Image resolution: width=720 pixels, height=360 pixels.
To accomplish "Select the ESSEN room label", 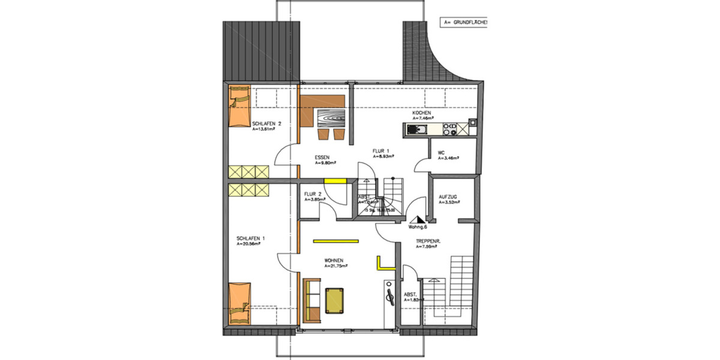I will click(323, 157).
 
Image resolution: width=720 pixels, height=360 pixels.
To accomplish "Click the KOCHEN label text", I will click(422, 113).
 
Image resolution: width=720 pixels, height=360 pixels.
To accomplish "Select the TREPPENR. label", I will click(429, 241).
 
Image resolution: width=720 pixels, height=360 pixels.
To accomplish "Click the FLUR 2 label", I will click(313, 194).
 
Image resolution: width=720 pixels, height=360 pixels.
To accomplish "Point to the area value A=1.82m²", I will click(413, 299).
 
